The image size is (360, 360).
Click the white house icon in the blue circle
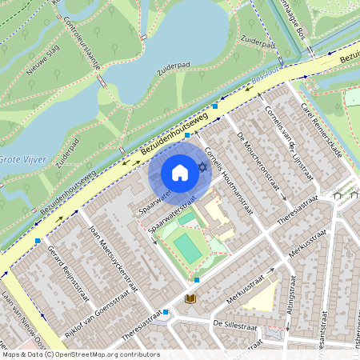(180, 173)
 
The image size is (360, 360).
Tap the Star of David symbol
(202, 166)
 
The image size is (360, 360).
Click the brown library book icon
(190, 298)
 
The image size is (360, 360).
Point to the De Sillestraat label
(235, 326)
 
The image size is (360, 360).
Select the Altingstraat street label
(291, 301)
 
